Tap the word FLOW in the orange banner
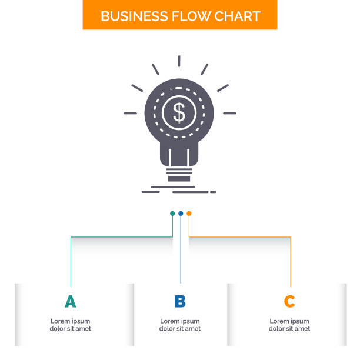pos(191,16)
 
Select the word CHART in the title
pos(238,16)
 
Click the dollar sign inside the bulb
pos(179,113)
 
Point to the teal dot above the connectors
pos(172,214)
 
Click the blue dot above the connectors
pos(181,214)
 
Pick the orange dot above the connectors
pos(189,214)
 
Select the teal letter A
pos(70,301)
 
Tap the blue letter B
pos(180,301)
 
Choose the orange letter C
pos(289,301)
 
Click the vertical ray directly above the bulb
pos(179,61)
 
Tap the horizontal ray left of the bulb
pos(131,113)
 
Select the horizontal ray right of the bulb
pos(229,113)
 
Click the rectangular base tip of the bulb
pos(179,179)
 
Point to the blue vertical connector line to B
pos(181,248)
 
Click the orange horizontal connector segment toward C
pos(240,236)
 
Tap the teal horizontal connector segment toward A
pos(122,236)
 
